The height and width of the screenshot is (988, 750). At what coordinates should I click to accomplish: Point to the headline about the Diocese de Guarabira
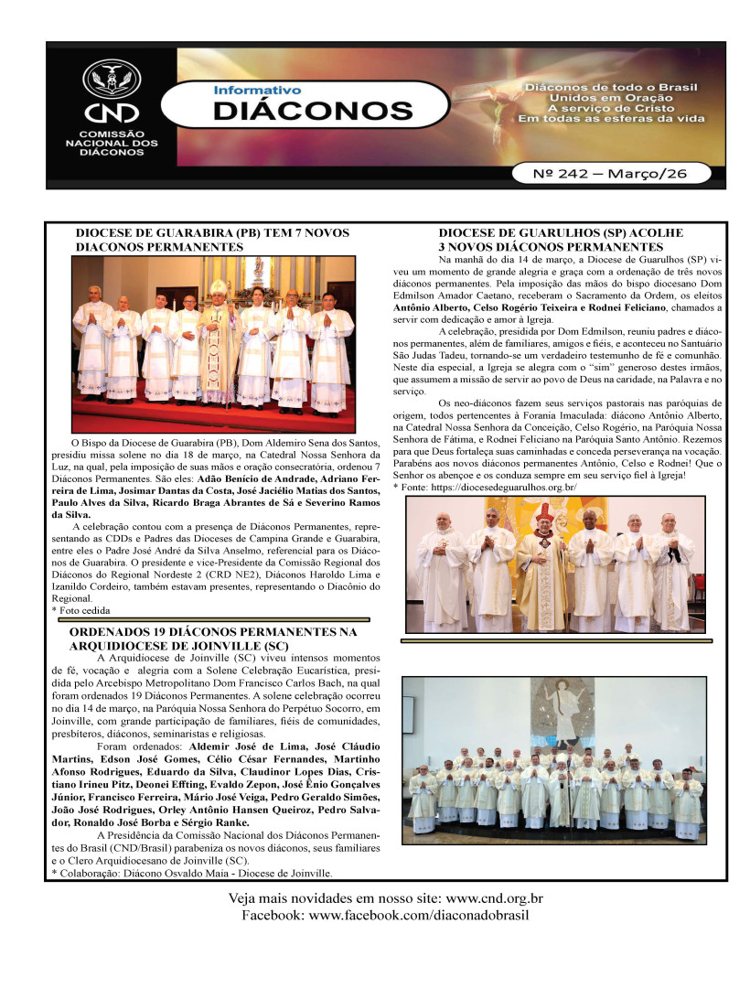[x=212, y=240]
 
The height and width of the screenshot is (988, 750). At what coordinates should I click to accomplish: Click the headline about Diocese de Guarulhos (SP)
[x=561, y=240]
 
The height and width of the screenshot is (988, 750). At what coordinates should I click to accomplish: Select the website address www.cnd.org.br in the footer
[x=489, y=899]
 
